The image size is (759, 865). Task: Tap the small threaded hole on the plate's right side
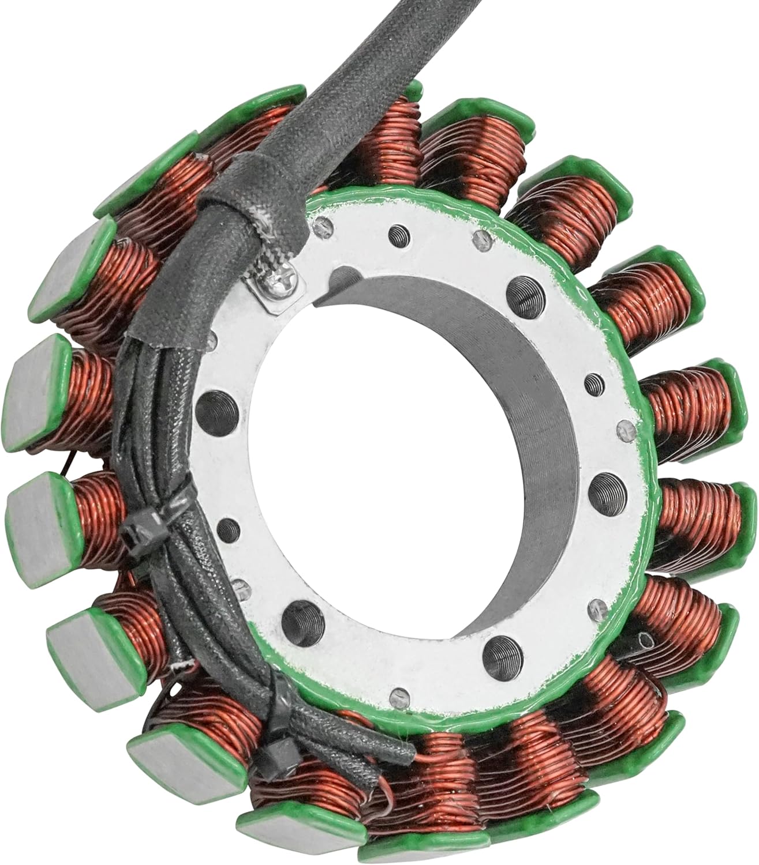593,382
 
